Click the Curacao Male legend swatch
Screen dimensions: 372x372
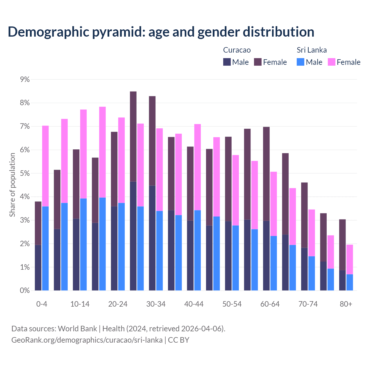click(227, 62)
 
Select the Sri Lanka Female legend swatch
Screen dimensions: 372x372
click(332, 62)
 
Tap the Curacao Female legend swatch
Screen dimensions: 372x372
click(258, 62)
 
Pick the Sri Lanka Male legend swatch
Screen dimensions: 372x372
click(301, 62)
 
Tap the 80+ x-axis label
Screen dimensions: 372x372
click(346, 304)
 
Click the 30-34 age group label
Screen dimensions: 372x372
click(156, 304)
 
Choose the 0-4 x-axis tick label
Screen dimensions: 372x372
click(42, 304)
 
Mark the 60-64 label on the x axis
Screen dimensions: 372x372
click(270, 304)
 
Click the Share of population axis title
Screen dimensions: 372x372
click(12, 185)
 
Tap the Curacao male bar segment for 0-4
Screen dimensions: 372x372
click(38, 267)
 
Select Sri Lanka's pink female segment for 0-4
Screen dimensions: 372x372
click(45, 166)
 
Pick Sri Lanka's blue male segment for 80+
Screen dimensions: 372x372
click(350, 282)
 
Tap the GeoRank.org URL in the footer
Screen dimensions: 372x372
click(87, 340)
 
